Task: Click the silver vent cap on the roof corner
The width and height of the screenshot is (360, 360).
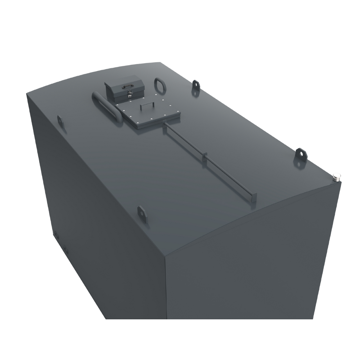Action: (337, 177)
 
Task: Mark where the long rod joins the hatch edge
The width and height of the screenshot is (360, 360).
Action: (166, 124)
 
